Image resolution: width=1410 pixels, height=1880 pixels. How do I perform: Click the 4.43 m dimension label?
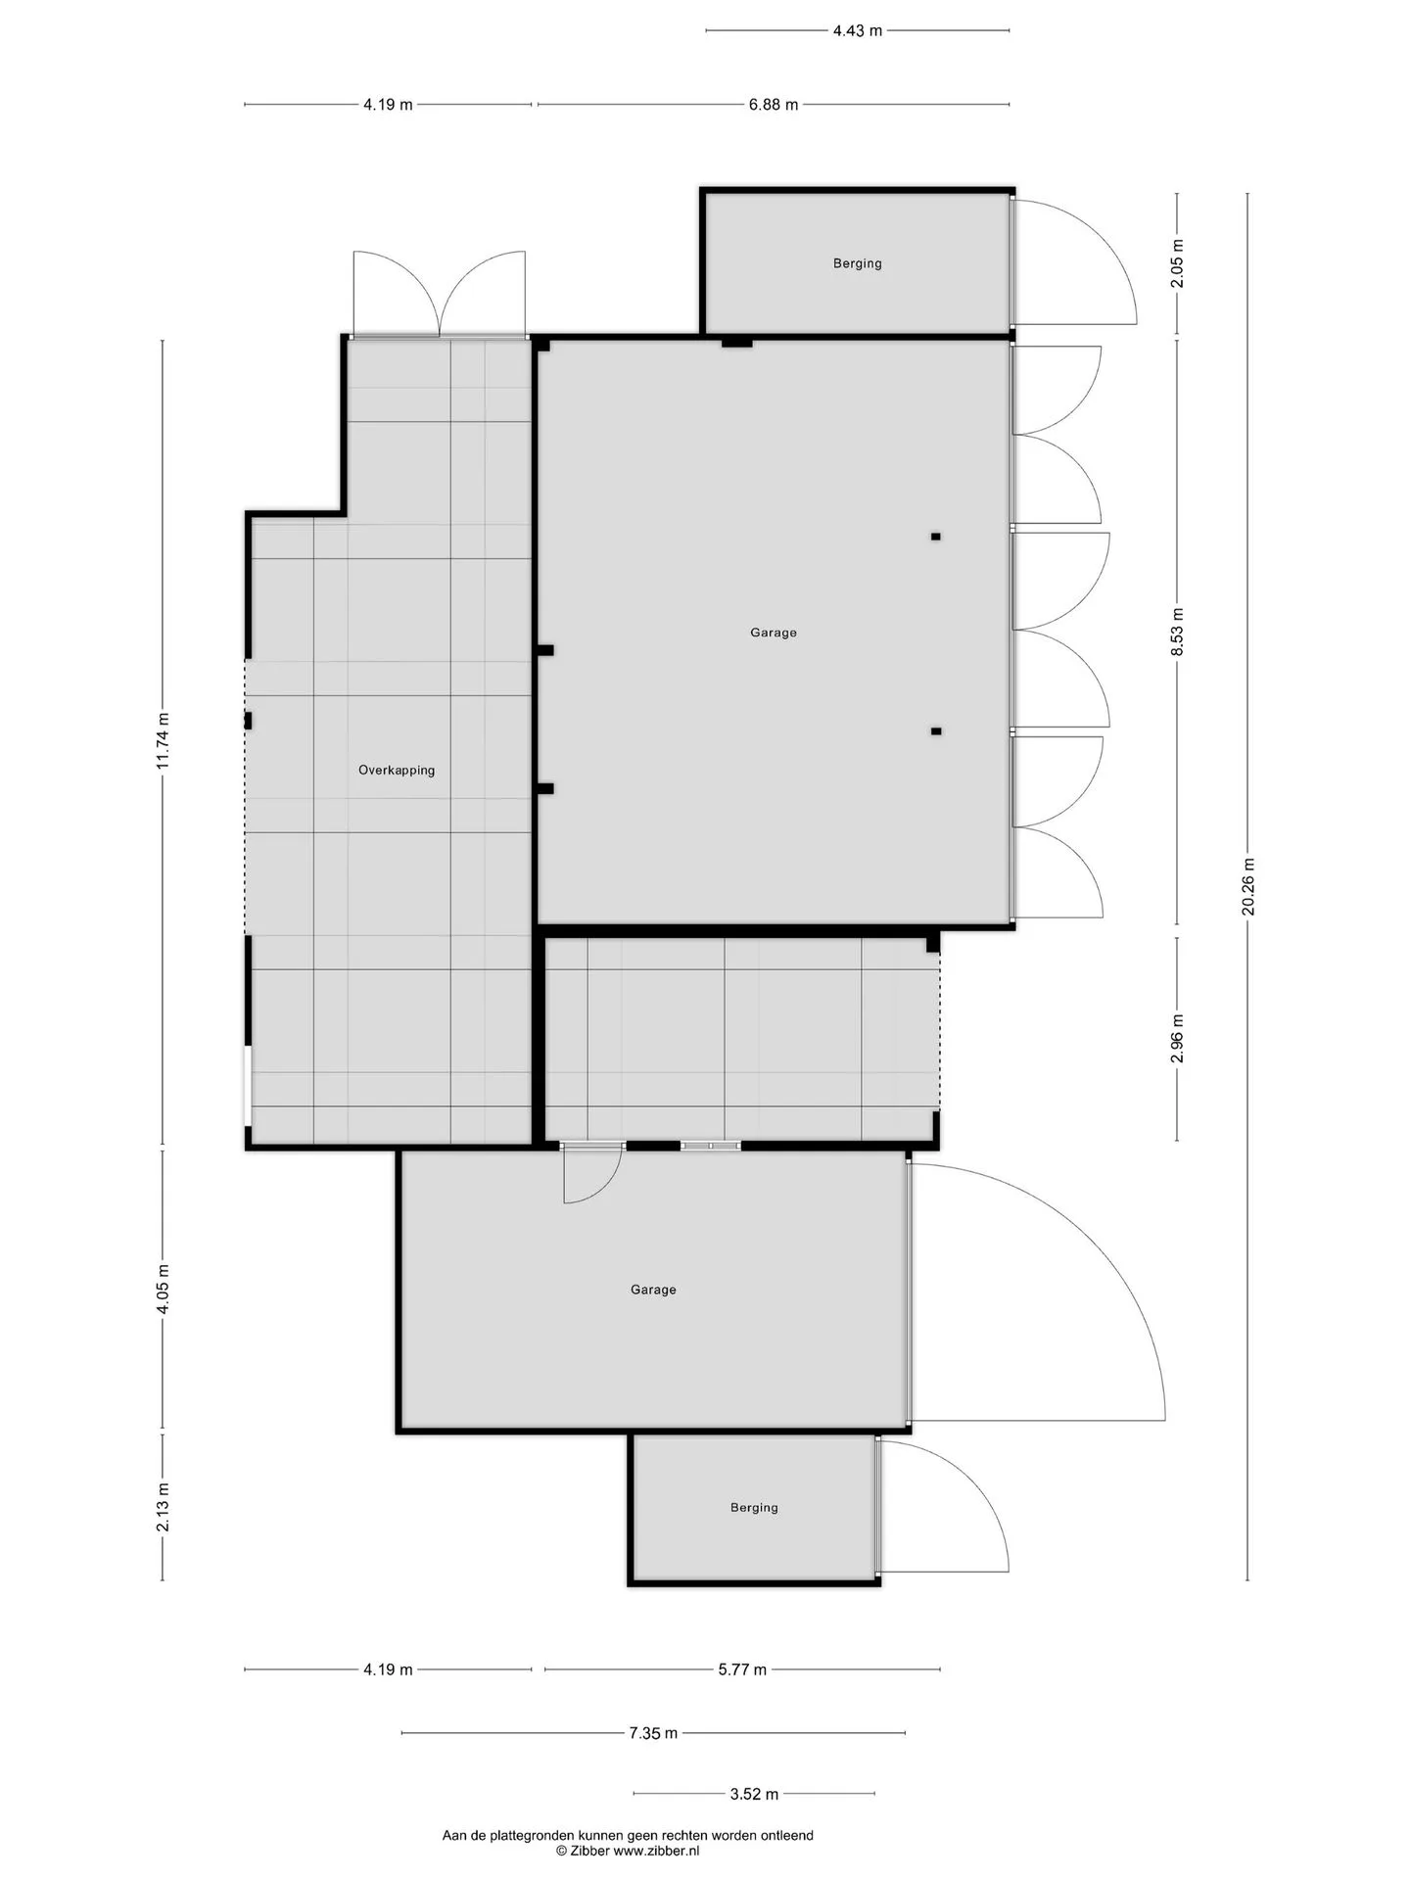pos(857,30)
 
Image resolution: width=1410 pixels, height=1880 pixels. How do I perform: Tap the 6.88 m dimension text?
pos(774,105)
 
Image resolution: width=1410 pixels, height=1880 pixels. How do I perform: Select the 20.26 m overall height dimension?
pos(1247,886)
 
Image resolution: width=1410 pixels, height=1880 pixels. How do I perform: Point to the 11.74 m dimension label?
pos(163,740)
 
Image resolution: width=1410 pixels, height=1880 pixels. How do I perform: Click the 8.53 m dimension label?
pos(1177,632)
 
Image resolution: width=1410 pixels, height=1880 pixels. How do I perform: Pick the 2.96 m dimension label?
pos(1177,1038)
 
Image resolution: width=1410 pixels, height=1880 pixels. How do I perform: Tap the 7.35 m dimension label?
pos(653,1733)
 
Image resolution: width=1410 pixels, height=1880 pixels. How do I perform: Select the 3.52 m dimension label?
pos(754,1794)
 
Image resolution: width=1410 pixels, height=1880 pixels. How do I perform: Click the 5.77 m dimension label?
pos(742,1669)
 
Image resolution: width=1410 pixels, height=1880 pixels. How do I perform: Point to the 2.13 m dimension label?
pos(163,1507)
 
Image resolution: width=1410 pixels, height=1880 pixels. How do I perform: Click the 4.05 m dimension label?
pos(163,1290)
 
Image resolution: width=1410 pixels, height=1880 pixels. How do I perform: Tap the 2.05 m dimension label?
pos(1177,263)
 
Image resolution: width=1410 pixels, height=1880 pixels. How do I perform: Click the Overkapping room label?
pos(397,771)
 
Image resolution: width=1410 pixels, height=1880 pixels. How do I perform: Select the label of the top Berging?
pos(858,263)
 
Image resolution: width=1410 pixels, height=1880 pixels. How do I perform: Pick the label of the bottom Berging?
pos(754,1507)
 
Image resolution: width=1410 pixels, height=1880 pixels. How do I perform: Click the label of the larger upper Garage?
pos(774,633)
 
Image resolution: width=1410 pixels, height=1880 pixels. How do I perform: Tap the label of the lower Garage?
pos(653,1290)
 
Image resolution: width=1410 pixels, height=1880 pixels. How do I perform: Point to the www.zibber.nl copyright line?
pos(628,1851)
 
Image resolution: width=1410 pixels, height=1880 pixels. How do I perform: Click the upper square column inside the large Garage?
pos(936,537)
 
